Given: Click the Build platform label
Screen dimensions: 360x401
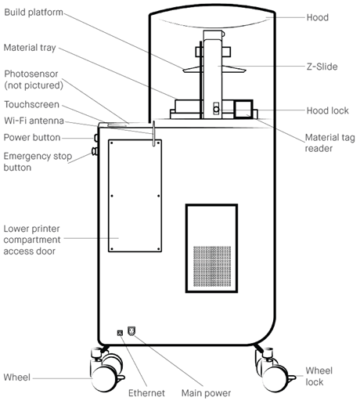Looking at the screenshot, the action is point(34,13).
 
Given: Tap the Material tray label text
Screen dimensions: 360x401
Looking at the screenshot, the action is point(30,48).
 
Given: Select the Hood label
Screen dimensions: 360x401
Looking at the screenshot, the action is point(317,17).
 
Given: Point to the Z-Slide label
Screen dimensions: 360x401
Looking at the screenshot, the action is point(322,67).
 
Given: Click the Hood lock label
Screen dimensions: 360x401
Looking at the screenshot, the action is point(327,110).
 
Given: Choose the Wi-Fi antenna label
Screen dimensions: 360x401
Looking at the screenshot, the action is point(34,121).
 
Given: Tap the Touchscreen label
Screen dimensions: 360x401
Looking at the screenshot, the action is point(32,104).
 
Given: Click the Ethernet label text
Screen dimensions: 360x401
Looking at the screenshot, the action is point(146,393).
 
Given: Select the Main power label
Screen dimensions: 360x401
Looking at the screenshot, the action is point(206,393).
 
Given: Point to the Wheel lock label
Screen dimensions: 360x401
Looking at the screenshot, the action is point(319,376).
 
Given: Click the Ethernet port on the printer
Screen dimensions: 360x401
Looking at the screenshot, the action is point(120,333).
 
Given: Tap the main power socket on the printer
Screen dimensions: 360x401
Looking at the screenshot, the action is point(131,331).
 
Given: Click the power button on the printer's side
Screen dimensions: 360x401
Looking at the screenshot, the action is point(96,138).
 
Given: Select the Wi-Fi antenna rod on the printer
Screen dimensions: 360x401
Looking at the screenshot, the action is point(154,133).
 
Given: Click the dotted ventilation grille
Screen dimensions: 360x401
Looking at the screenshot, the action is point(212,266).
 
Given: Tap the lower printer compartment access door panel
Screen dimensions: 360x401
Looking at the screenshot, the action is point(135,196).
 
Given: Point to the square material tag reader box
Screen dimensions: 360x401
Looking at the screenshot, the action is point(243,110).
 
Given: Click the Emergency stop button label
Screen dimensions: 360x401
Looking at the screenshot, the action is point(38,161).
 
